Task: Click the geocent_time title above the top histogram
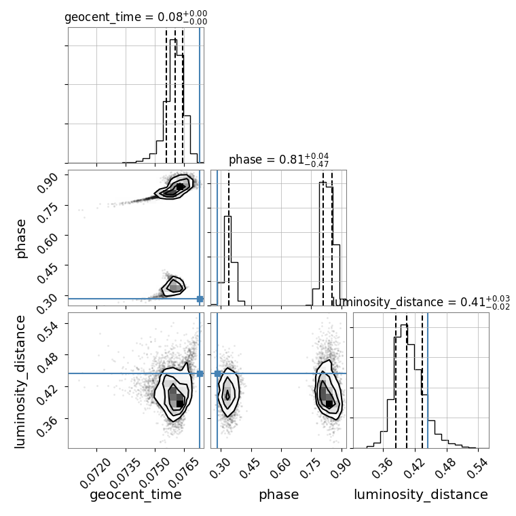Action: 136,17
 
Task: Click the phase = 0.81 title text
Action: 279,160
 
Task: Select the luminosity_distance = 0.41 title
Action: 421,302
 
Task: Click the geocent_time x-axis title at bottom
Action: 136,494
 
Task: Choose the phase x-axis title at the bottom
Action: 279,494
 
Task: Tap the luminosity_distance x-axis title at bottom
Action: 421,494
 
